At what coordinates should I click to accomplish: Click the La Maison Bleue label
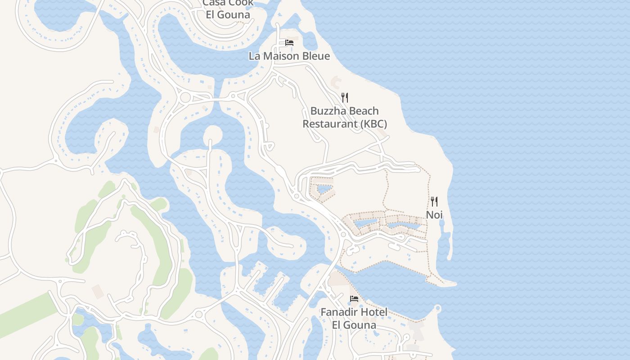coord(289,56)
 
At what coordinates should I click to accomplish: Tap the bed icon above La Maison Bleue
coord(289,43)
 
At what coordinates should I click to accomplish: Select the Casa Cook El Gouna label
coord(228,9)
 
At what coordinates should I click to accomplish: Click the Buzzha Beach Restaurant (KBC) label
coord(345,117)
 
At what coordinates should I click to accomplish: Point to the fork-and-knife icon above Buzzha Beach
coord(345,97)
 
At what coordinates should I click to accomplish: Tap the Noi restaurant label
coord(434,215)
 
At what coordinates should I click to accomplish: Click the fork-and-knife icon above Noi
coord(434,201)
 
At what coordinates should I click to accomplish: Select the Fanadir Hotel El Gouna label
coord(354,319)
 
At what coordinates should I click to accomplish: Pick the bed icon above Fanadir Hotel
coord(354,298)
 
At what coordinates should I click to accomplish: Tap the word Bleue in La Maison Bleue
coord(315,56)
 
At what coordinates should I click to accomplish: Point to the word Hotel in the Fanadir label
coord(373,312)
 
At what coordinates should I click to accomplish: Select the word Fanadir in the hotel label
coord(338,312)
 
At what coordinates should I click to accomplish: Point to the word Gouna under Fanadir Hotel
coord(360,325)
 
